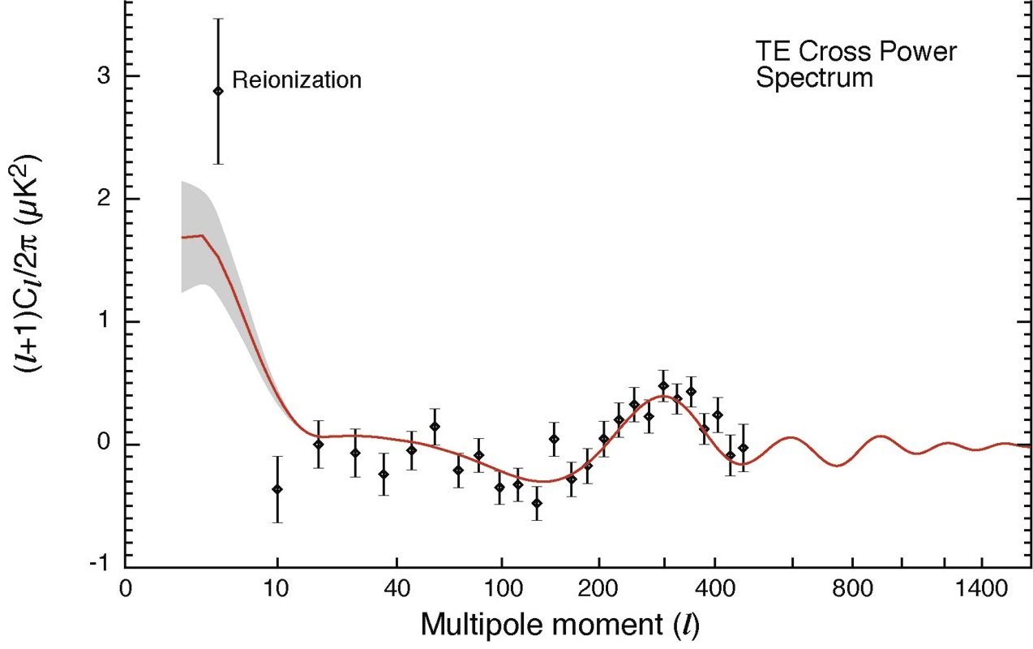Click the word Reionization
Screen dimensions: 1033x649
click(297, 80)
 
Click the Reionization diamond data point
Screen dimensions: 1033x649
click(218, 92)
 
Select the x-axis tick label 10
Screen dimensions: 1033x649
click(276, 590)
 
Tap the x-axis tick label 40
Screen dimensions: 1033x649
click(396, 590)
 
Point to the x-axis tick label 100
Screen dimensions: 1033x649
click(501, 590)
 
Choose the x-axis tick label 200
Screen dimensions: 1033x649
click(599, 590)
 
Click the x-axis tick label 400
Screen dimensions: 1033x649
click(715, 590)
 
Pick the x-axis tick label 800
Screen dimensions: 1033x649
click(853, 590)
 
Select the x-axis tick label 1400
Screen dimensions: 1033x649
click(981, 590)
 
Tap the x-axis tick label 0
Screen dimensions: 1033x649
click(126, 590)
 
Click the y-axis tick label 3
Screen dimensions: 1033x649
click(105, 76)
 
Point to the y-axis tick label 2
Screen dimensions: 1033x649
click(105, 199)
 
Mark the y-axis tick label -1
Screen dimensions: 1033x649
click(101, 563)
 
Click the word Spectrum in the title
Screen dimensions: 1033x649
click(814, 78)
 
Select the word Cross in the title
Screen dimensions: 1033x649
click(836, 51)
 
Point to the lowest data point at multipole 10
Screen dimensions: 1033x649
click(277, 489)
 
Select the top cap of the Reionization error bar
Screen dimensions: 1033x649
click(218, 19)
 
